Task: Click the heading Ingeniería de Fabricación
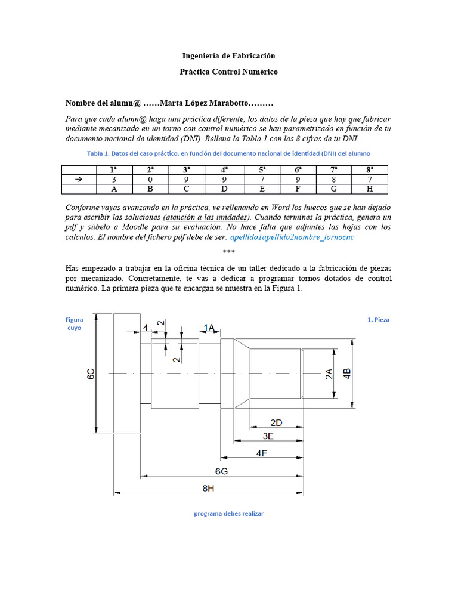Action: (228, 56)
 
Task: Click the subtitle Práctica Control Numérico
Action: (228, 72)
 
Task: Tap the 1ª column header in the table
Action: (113, 169)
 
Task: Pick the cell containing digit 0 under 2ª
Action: (150, 180)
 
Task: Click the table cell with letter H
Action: (370, 189)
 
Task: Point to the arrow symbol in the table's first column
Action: (79, 180)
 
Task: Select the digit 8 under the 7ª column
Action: (333, 180)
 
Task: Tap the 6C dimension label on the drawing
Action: (91, 374)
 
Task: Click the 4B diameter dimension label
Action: (347, 374)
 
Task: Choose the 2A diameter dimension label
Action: (329, 374)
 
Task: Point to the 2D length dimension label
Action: (276, 422)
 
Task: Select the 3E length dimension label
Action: (268, 437)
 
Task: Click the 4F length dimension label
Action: (261, 453)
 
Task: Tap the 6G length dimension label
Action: (221, 471)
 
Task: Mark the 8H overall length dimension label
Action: (208, 489)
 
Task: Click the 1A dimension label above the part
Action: (209, 328)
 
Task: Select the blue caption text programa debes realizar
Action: (228, 513)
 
